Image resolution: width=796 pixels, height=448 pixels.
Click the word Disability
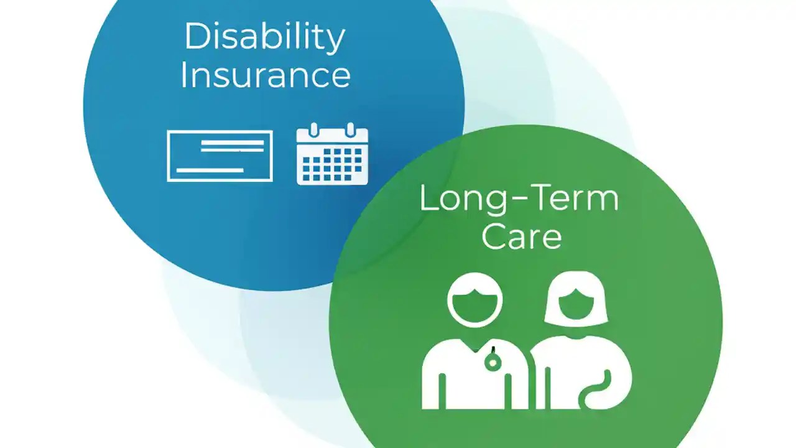coord(264,37)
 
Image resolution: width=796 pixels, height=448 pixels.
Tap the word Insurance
coord(266,75)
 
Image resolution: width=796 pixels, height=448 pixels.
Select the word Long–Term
coord(519,199)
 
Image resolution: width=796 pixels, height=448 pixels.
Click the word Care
coord(521,237)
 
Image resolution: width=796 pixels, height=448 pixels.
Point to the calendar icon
coord(332,156)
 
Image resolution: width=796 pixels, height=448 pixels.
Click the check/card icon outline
coord(220,156)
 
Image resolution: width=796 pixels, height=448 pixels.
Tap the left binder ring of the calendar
coord(314,130)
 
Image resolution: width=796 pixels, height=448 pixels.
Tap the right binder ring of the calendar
coord(350,130)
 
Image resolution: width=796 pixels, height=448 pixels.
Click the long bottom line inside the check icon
coord(210,170)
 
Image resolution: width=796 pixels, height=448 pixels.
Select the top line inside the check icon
coord(232,142)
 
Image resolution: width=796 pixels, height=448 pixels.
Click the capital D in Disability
coord(196,37)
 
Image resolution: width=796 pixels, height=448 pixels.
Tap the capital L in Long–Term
coord(428,199)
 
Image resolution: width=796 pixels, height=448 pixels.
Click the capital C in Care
coord(492,237)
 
